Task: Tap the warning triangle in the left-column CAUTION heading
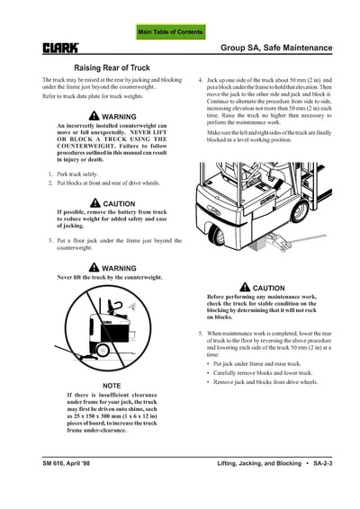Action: click(x=95, y=203)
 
